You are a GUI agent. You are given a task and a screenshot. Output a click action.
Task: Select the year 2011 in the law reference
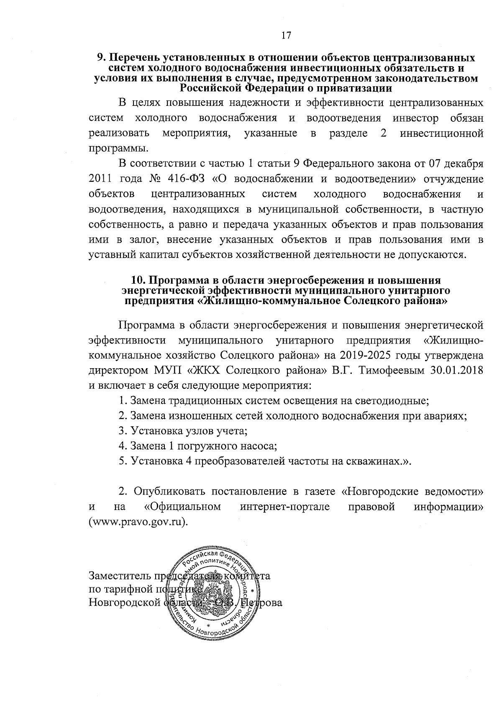pos(100,179)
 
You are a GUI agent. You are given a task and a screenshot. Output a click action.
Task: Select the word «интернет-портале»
pos(285,507)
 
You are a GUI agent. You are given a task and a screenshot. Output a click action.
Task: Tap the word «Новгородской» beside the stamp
pos(125,603)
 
